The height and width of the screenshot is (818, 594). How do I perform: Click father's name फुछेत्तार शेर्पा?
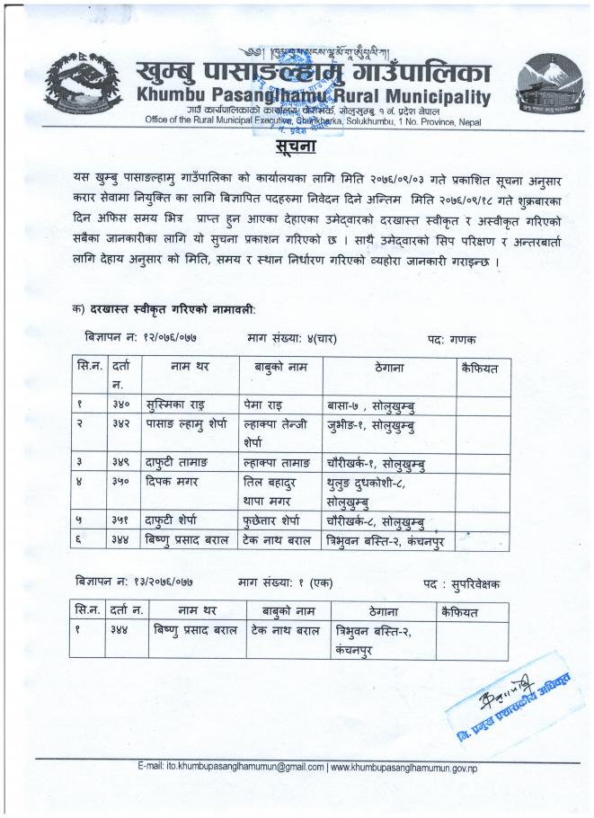tap(279, 520)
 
